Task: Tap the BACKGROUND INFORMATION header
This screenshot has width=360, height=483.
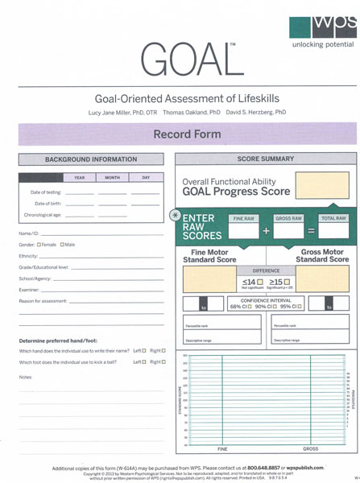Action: (91, 159)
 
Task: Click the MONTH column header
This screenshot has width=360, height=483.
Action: (112, 177)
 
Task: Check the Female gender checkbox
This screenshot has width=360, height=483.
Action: (39, 244)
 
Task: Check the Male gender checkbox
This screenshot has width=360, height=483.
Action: (62, 244)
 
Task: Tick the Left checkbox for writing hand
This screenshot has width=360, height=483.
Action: (143, 351)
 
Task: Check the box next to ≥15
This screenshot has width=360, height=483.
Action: (287, 282)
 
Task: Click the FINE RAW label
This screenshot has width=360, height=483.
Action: (243, 218)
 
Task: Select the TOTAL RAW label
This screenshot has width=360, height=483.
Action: (333, 218)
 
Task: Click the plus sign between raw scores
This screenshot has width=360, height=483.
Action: (266, 231)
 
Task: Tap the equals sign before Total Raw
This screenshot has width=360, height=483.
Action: (311, 231)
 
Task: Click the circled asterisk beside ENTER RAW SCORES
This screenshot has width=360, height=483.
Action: (176, 216)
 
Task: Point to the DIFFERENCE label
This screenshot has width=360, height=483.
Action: (266, 271)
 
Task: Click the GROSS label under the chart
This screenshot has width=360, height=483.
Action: (310, 448)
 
